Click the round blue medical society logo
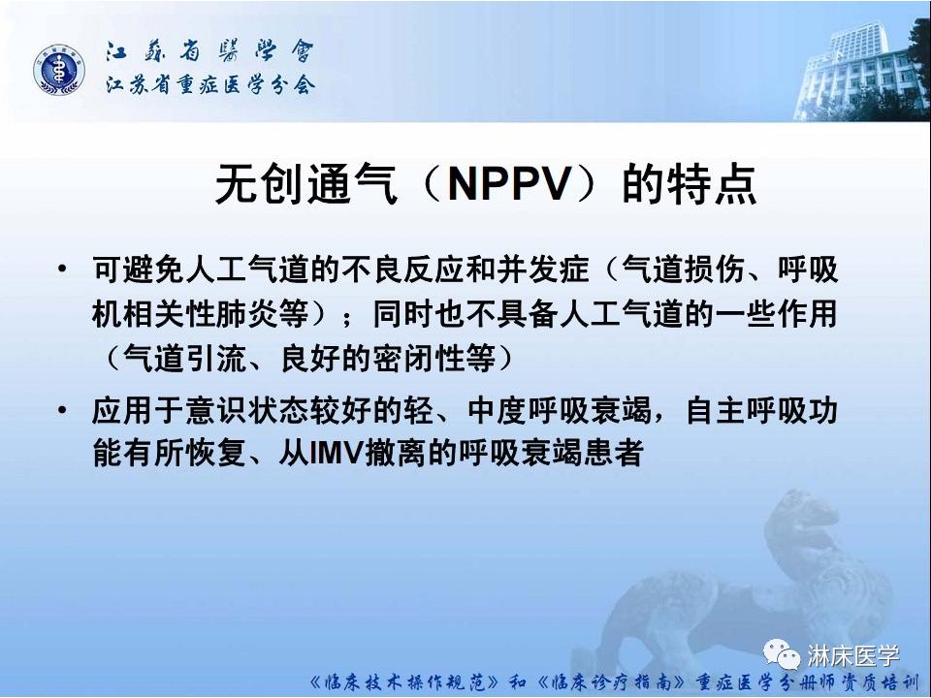click(x=60, y=72)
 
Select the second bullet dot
click(x=63, y=412)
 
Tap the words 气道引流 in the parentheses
click(x=174, y=360)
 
